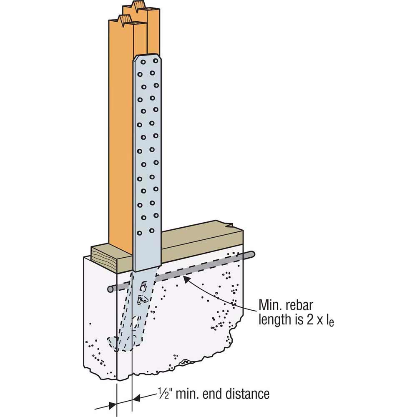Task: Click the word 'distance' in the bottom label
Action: click(247, 393)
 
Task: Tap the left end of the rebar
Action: click(110, 289)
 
